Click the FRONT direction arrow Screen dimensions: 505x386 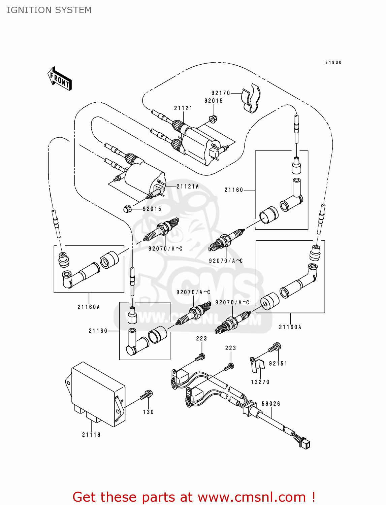click(60, 79)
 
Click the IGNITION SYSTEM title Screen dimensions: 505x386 click(49, 10)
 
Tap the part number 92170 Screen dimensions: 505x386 click(221, 93)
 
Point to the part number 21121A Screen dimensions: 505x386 click(188, 187)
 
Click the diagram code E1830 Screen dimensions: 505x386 click(333, 63)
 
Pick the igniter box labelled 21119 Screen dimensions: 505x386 click(96, 394)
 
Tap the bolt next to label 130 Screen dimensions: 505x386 click(147, 395)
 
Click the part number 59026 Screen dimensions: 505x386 click(271, 404)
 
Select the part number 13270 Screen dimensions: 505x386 click(260, 382)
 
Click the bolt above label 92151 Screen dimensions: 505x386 click(275, 347)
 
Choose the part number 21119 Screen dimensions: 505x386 click(91, 435)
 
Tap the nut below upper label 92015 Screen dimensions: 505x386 click(213, 119)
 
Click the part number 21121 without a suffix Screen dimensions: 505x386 click(183, 108)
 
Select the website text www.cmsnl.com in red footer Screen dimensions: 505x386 click(252, 497)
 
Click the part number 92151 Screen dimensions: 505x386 click(278, 364)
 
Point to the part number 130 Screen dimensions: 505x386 click(148, 412)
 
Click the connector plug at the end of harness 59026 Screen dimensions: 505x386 click(305, 443)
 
